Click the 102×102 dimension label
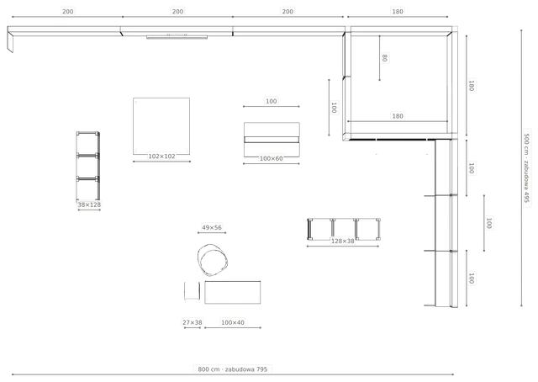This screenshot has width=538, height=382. click(161, 157)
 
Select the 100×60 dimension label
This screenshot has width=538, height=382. click(271, 158)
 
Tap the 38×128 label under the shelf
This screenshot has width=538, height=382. click(89, 204)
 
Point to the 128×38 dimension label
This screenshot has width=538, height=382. click(342, 241)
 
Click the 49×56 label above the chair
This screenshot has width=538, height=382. click(212, 227)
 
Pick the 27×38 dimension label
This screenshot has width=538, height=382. click(193, 322)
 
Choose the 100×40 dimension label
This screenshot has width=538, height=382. click(233, 322)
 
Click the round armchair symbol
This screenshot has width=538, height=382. click(213, 260)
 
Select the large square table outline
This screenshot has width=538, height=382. click(161, 126)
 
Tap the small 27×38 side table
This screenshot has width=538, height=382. click(193, 291)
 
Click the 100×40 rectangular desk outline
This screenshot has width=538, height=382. click(233, 292)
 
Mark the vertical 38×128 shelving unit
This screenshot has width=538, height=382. click(88, 166)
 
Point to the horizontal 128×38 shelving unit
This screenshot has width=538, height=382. click(344, 229)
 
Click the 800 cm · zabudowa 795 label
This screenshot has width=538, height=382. click(233, 369)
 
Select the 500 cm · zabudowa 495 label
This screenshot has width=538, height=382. click(526, 168)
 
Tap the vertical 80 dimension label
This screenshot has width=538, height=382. click(385, 58)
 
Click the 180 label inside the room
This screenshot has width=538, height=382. click(398, 116)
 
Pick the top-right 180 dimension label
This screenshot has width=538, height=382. click(398, 11)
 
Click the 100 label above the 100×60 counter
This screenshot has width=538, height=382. click(271, 101)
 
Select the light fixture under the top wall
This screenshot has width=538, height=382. click(177, 36)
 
